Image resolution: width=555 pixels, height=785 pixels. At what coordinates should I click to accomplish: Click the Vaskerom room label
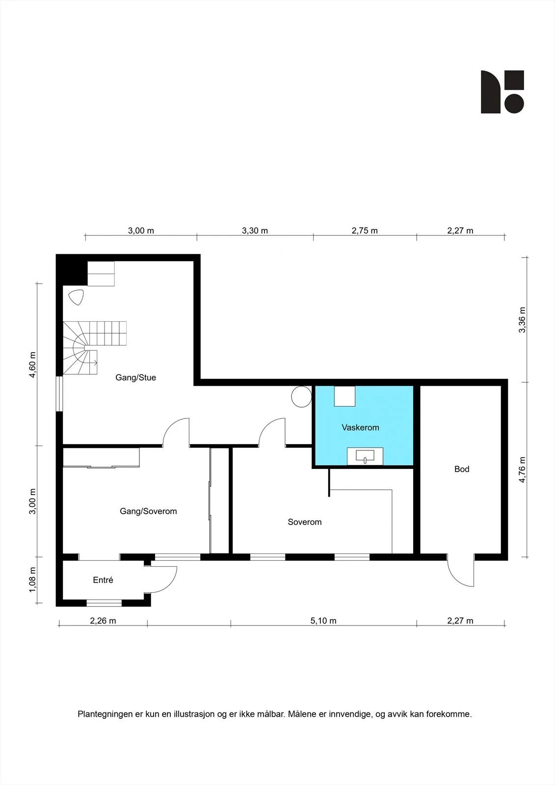tap(360, 427)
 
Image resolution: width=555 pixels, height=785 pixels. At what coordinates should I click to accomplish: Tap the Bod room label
tap(461, 469)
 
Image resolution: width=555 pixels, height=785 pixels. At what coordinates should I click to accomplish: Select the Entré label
tap(103, 580)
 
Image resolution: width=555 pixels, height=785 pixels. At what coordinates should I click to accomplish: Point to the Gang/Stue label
tap(135, 377)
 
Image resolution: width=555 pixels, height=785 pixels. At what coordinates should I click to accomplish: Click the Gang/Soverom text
tap(148, 511)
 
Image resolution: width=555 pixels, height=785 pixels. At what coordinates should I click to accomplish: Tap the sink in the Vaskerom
tap(365, 456)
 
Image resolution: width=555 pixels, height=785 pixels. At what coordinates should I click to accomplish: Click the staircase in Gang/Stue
tap(94, 348)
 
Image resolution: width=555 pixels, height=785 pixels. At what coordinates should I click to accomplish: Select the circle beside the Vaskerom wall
tap(301, 397)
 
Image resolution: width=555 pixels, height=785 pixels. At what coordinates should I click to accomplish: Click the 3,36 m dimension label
tap(522, 320)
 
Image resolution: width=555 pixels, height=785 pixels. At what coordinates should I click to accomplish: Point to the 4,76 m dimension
tap(522, 470)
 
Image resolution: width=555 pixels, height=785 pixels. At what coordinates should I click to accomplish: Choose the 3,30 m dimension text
tap(255, 231)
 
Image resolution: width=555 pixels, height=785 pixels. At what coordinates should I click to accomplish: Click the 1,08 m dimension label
tap(32, 579)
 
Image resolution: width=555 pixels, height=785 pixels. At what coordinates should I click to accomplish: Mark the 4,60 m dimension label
tap(32, 365)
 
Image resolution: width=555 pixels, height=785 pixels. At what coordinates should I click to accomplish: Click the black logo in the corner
tap(502, 92)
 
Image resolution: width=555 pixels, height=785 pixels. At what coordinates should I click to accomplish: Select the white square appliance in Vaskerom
tap(344, 396)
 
